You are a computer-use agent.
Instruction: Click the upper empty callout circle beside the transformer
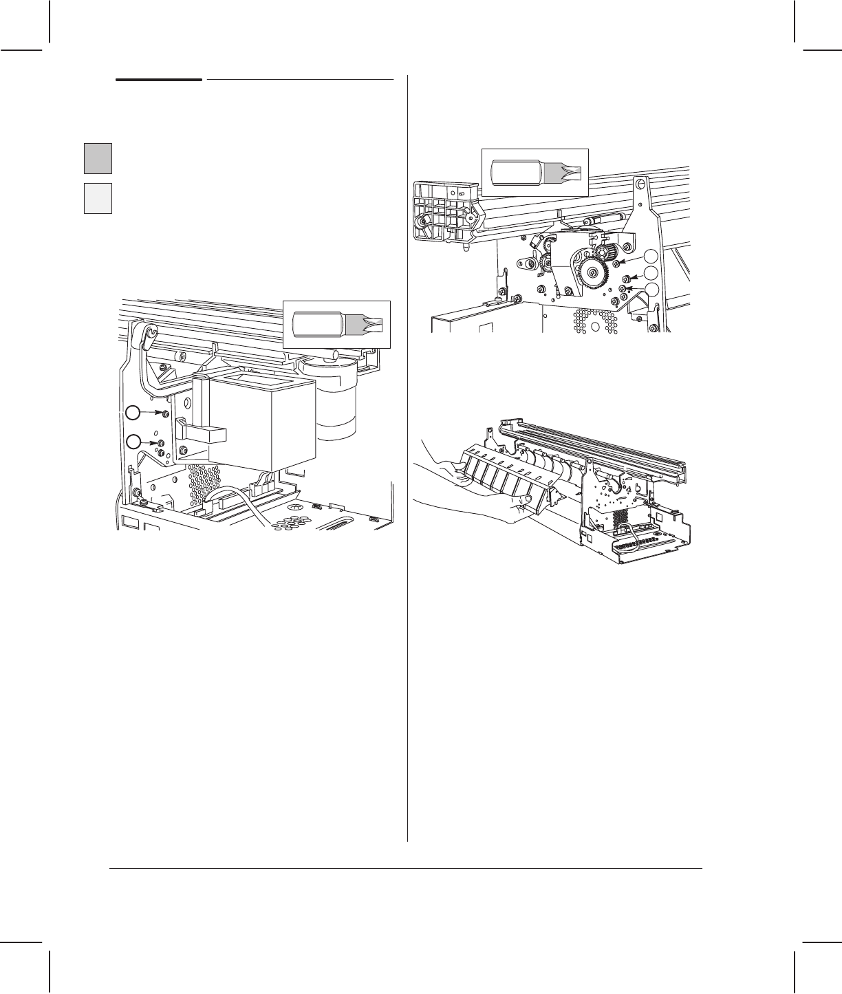[x=133, y=412]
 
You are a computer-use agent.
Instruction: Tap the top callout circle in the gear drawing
[x=651, y=259]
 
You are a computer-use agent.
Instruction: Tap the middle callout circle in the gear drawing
[x=651, y=275]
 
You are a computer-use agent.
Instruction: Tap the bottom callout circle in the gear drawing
[x=651, y=290]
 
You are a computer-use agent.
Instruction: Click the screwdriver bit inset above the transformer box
[x=337, y=324]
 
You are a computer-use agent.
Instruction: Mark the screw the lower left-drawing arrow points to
[x=161, y=443]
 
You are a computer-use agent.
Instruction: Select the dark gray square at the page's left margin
[x=98, y=158]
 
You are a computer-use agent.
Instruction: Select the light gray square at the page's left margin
[x=98, y=198]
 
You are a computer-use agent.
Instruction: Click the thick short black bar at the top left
[x=158, y=80]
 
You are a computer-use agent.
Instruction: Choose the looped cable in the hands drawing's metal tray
[x=625, y=530]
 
